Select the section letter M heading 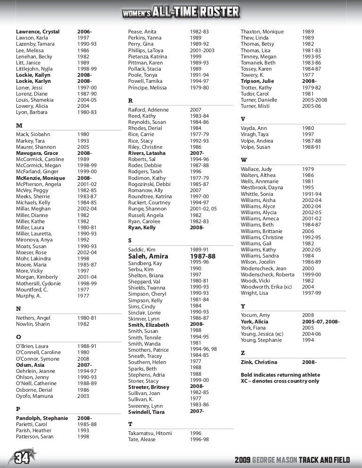click(x=19, y=126)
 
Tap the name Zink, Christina click(x=259, y=362)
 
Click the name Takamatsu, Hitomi click(x=150, y=433)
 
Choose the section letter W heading click(x=244, y=160)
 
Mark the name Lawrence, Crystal click(x=38, y=32)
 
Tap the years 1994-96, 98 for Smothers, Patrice click(x=203, y=349)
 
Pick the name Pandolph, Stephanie click(x=42, y=418)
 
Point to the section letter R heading click(x=131, y=101)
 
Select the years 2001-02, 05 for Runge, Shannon click(x=203, y=209)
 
